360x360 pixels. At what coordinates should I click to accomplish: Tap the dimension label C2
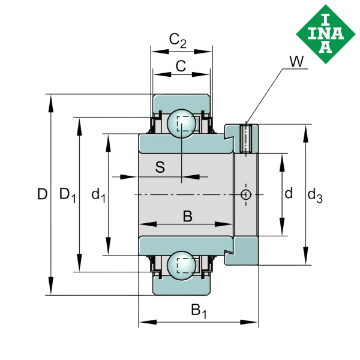click(x=178, y=41)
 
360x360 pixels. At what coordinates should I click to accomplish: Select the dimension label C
click(x=181, y=66)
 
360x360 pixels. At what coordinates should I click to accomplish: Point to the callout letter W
click(x=296, y=61)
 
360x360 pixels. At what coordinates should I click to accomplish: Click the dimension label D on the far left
click(x=41, y=194)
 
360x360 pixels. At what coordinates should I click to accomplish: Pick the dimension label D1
click(x=67, y=194)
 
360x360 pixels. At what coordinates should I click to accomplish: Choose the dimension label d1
click(x=98, y=194)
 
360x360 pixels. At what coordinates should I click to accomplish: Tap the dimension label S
click(x=160, y=167)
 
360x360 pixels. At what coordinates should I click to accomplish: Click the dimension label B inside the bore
click(x=187, y=217)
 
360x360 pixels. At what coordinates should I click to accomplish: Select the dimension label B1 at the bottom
click(x=198, y=311)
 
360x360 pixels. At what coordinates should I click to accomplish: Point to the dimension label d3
click(x=314, y=194)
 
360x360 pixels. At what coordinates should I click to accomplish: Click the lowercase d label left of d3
click(x=289, y=193)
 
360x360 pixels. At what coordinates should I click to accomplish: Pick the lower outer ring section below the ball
click(x=181, y=287)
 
